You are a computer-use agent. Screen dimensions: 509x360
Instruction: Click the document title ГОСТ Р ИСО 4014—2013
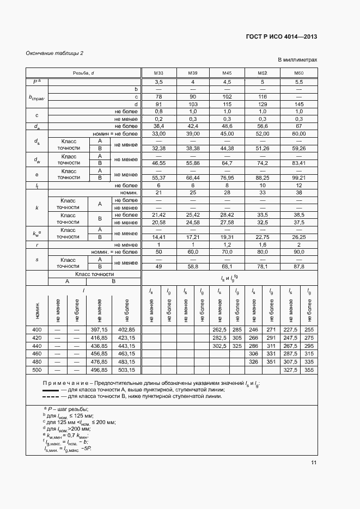tap(282, 37)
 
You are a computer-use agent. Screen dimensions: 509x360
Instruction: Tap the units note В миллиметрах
tap(297, 60)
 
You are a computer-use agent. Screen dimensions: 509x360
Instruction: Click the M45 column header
tap(228, 73)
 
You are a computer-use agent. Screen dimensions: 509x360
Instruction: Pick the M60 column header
tap(298, 73)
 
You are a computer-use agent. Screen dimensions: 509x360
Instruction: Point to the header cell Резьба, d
tap(83, 73)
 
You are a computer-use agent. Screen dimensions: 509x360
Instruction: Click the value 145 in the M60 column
tap(298, 104)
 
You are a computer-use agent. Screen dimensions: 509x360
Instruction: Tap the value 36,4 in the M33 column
tap(158, 126)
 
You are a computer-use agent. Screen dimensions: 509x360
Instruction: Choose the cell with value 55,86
tap(193, 163)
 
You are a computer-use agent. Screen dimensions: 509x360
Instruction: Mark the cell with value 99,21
tap(298, 178)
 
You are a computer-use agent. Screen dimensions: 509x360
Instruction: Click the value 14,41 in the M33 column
tap(158, 237)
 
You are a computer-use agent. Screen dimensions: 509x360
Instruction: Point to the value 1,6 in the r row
tap(263, 245)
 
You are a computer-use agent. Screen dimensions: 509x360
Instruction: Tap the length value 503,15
tap(126, 370)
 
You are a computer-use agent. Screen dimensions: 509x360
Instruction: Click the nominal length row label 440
tap(36, 346)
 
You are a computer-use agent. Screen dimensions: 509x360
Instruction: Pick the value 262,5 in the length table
tap(219, 330)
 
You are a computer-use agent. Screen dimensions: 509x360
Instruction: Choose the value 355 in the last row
tap(309, 370)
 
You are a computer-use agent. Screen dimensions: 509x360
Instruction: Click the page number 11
tap(314, 463)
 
